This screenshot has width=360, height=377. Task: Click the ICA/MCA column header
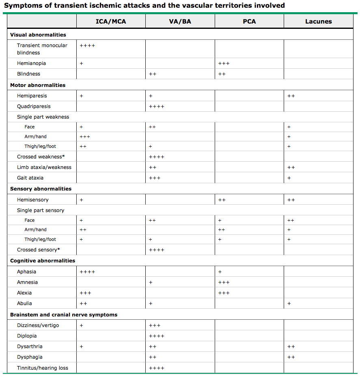pyautogui.click(x=111, y=22)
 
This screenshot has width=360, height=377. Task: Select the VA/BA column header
pyautogui.click(x=180, y=22)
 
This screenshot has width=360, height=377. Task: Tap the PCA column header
pyautogui.click(x=249, y=22)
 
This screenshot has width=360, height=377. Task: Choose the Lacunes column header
pyautogui.click(x=319, y=22)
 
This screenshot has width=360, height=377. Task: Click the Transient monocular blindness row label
pyautogui.click(x=42, y=49)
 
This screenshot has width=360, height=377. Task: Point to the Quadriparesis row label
pyautogui.click(x=34, y=106)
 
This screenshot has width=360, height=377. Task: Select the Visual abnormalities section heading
pyautogui.click(x=38, y=35)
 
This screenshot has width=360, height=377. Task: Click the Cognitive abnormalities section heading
pyautogui.click(x=43, y=261)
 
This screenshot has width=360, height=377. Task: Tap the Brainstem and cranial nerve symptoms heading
pyautogui.click(x=64, y=315)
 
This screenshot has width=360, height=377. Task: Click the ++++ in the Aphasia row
pyautogui.click(x=87, y=272)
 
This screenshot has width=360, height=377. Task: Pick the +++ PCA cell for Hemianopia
pyautogui.click(x=224, y=63)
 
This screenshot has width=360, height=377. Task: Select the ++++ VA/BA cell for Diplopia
pyautogui.click(x=157, y=336)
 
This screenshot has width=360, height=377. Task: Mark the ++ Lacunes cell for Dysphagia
pyautogui.click(x=291, y=357)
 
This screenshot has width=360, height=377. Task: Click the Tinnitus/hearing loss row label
pyautogui.click(x=43, y=368)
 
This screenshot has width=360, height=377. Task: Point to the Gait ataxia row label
pyautogui.click(x=30, y=178)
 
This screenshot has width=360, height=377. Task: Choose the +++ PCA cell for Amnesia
pyautogui.click(x=224, y=282)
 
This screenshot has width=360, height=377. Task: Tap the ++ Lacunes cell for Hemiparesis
pyautogui.click(x=291, y=96)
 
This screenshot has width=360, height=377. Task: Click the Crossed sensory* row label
pyautogui.click(x=39, y=250)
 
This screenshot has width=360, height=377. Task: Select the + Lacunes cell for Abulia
pyautogui.click(x=289, y=303)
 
